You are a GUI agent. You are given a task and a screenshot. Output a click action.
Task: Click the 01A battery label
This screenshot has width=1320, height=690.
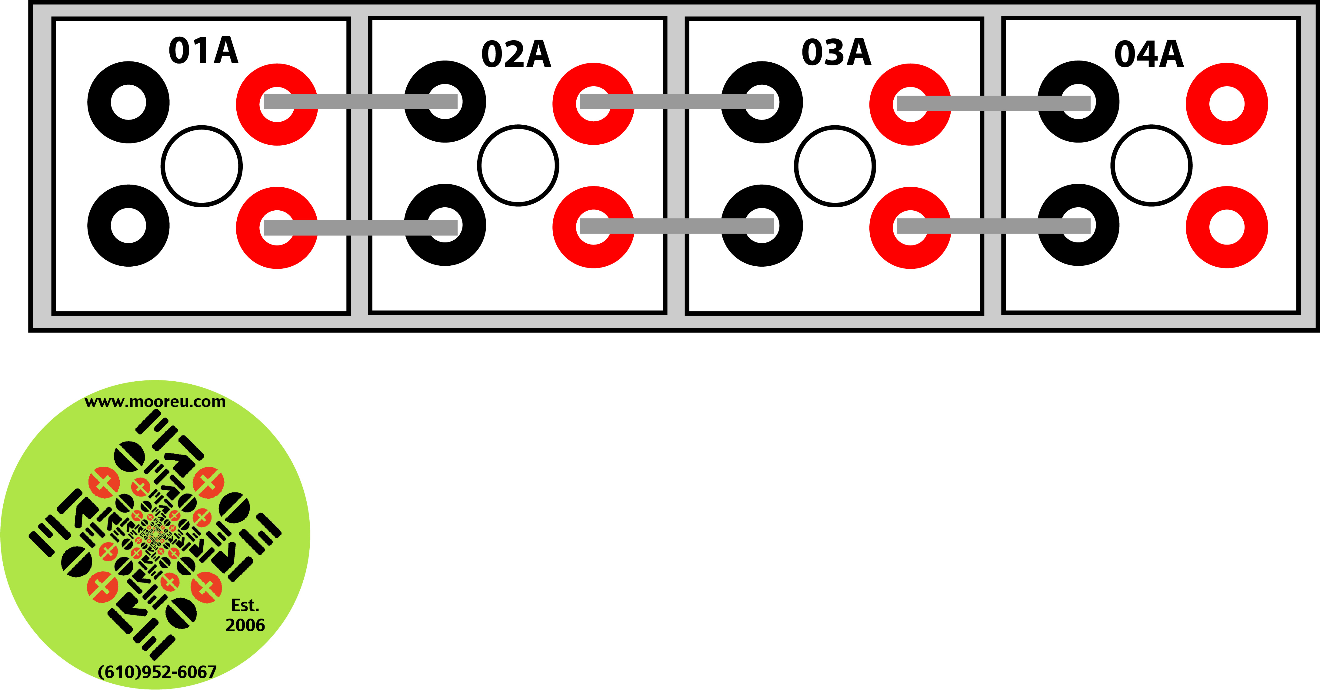(203, 51)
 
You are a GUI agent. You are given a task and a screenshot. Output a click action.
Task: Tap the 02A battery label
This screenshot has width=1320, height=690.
(516, 55)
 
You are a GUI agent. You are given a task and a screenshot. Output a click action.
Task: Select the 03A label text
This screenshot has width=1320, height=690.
(836, 53)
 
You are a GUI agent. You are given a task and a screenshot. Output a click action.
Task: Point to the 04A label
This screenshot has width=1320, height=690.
(1149, 54)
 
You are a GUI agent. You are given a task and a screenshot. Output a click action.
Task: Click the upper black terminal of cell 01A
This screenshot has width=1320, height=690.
(128, 102)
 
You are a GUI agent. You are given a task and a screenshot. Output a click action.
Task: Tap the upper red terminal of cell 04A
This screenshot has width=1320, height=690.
(1227, 104)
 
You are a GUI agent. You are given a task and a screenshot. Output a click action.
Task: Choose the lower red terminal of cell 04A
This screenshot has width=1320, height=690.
(1227, 227)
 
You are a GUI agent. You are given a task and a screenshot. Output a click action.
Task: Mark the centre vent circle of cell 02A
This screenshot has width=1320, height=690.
(518, 165)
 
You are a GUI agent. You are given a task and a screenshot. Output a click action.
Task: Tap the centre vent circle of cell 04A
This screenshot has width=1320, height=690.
(1152, 165)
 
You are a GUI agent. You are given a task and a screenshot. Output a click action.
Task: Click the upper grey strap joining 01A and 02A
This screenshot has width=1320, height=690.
(361, 101)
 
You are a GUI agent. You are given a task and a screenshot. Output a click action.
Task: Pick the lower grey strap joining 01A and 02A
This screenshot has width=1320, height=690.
(361, 228)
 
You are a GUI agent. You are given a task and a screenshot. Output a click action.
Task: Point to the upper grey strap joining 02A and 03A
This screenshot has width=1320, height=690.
(677, 101)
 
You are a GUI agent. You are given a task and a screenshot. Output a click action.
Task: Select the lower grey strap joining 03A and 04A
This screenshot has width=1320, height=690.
(994, 226)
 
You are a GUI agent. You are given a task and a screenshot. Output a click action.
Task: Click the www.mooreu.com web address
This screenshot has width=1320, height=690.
(155, 402)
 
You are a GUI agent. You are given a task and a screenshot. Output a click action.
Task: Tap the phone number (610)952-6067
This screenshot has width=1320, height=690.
(157, 672)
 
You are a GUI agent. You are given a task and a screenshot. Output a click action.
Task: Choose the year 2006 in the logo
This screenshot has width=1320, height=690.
(245, 625)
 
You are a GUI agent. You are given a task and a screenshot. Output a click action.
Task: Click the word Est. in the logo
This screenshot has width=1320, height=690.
(245, 606)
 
